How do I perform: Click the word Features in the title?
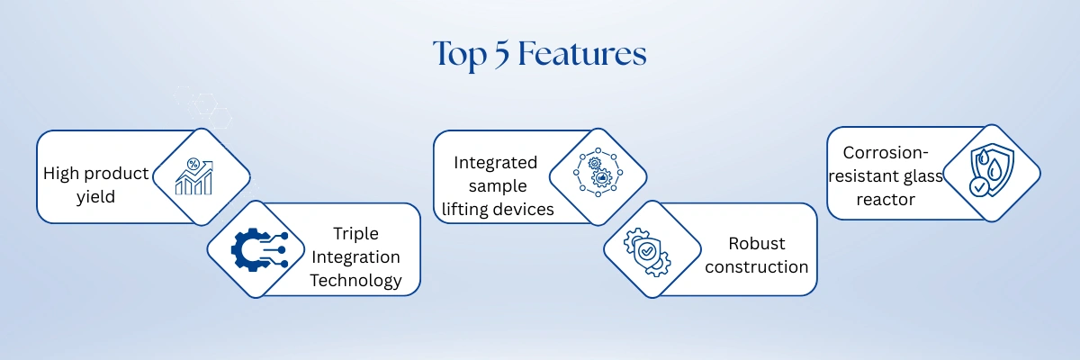point(582,53)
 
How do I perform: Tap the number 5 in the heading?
point(501,54)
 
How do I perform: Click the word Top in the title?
point(460,56)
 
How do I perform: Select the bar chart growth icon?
point(193,176)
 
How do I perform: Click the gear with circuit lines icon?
point(260,249)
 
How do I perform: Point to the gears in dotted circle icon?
point(598,172)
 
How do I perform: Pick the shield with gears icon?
point(647,252)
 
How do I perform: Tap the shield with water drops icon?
point(991,169)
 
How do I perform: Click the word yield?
point(95,197)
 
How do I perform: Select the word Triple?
point(355,234)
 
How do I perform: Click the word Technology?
point(355,281)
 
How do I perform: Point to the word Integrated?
point(496,163)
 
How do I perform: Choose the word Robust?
point(757,243)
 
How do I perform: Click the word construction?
point(757,266)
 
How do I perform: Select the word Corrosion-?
point(886,153)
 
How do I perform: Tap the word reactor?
point(886,200)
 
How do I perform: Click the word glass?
point(922,175)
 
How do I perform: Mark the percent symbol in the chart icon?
point(193,164)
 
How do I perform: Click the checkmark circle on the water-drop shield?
point(979,186)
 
